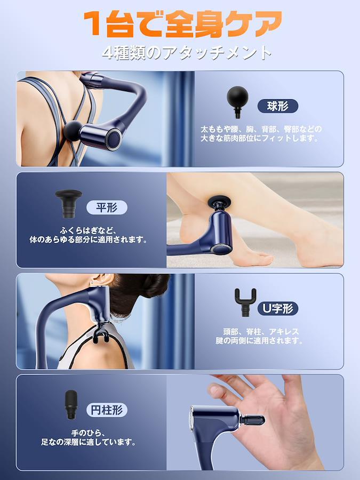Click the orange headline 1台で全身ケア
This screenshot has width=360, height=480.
(183, 24)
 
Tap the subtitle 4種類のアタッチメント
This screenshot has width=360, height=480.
(187, 53)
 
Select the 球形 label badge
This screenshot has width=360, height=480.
(278, 106)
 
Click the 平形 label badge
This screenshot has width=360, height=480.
(107, 207)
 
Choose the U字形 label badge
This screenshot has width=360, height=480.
(278, 308)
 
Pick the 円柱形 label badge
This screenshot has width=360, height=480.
(107, 410)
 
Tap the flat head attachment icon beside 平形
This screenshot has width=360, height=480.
(69, 203)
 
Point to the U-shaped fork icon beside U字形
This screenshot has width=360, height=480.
(245, 302)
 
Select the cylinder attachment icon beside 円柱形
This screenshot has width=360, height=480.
(71, 405)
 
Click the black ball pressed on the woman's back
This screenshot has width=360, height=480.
(72, 131)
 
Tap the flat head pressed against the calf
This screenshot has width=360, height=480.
(219, 202)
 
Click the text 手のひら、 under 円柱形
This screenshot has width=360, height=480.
(89, 433)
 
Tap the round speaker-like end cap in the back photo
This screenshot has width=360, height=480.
(114, 139)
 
